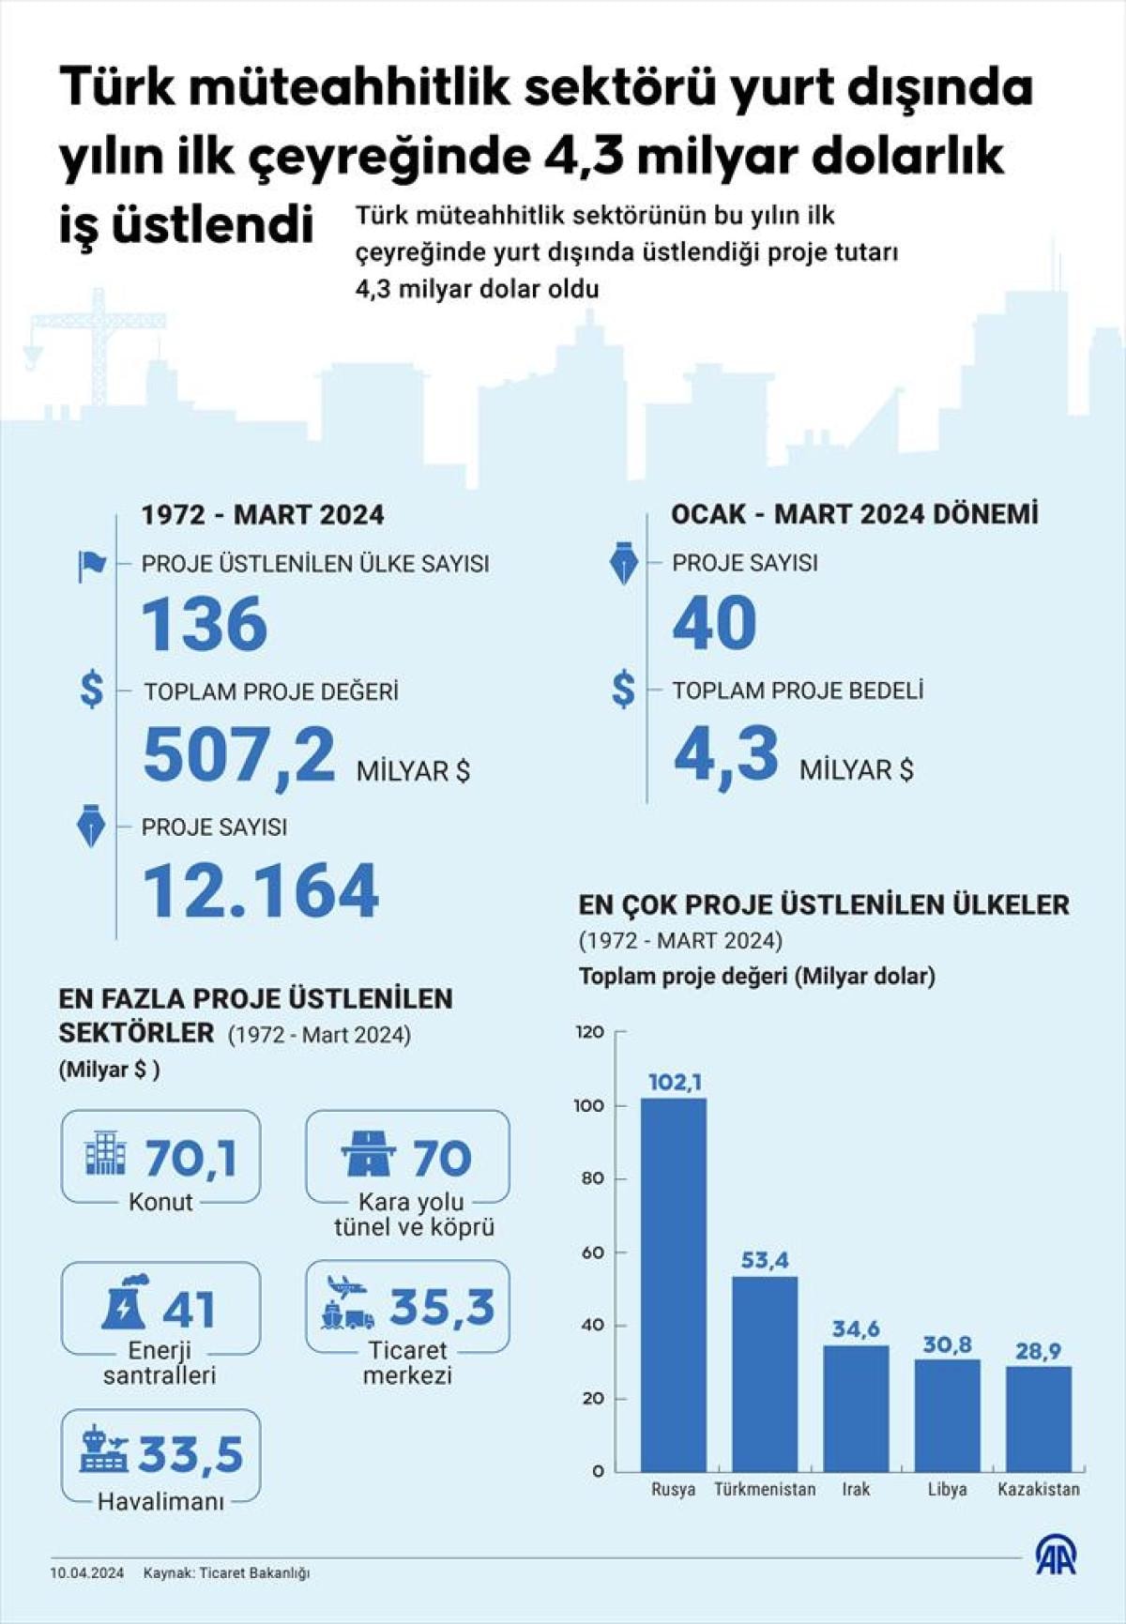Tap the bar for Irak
point(856,1407)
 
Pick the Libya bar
point(947,1414)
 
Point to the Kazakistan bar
point(1039,1418)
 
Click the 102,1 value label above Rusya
point(675,1083)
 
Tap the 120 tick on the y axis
point(590,1032)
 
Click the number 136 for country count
point(205,624)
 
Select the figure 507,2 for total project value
point(239,754)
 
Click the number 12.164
point(261,890)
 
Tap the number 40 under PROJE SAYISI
point(714,623)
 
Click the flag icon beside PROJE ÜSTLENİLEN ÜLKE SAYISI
point(91,565)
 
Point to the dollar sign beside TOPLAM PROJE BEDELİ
point(623,690)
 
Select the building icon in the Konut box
point(104,1153)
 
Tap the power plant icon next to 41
point(126,1303)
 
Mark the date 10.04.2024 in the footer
point(87,1573)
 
